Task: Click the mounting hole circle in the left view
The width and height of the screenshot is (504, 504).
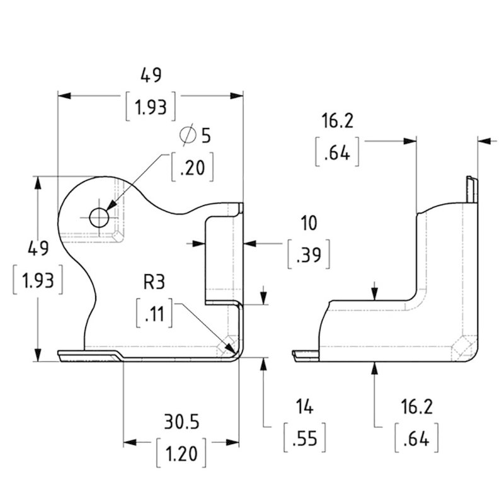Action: point(99,217)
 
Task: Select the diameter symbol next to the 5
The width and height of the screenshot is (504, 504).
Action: point(187,135)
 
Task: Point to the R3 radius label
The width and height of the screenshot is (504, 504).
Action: point(156,282)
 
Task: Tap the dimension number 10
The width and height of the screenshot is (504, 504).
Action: point(309,223)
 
